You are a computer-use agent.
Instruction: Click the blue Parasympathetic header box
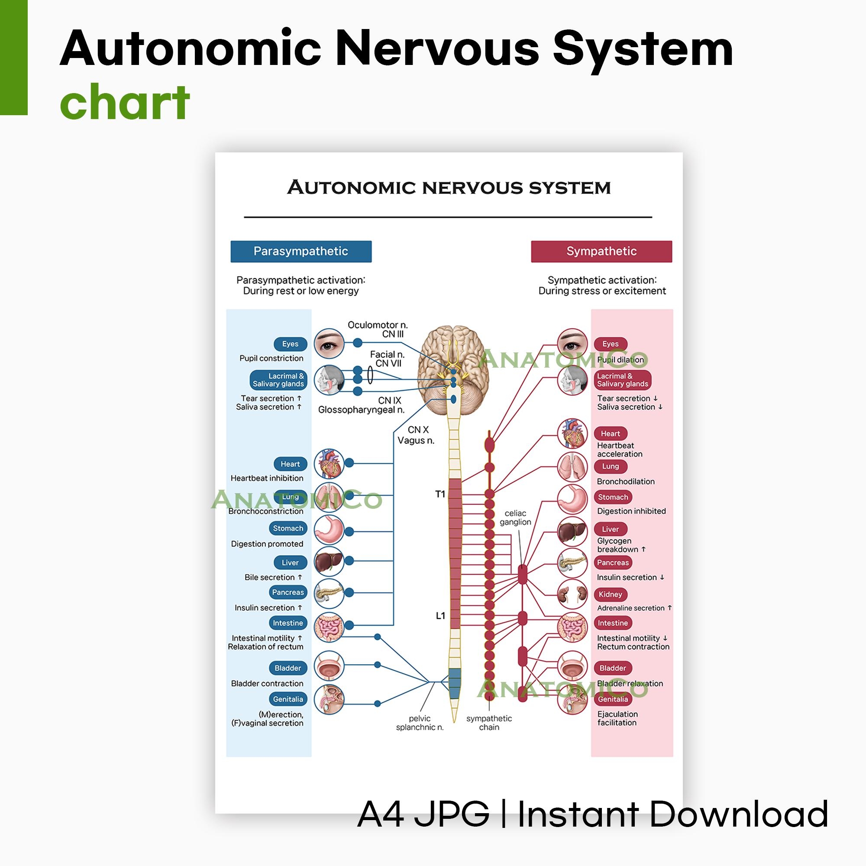click(x=301, y=251)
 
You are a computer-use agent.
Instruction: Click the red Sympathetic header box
click(x=601, y=251)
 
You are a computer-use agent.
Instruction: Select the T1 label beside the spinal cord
click(x=440, y=494)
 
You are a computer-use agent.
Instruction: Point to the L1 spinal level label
click(x=440, y=616)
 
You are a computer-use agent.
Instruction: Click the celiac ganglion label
click(x=515, y=518)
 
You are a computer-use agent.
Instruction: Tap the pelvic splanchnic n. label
click(x=420, y=723)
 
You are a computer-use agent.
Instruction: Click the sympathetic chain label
click(x=488, y=723)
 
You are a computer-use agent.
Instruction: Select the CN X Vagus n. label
click(x=416, y=435)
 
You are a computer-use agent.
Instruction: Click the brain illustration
click(x=453, y=368)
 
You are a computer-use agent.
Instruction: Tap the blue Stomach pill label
click(x=288, y=528)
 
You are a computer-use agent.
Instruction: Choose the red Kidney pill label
click(x=610, y=595)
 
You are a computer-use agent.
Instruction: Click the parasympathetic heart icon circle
click(x=329, y=463)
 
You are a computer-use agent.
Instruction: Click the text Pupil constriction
click(x=271, y=358)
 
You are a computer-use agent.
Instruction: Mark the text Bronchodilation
click(x=625, y=481)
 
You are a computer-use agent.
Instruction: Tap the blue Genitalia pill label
click(x=288, y=699)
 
